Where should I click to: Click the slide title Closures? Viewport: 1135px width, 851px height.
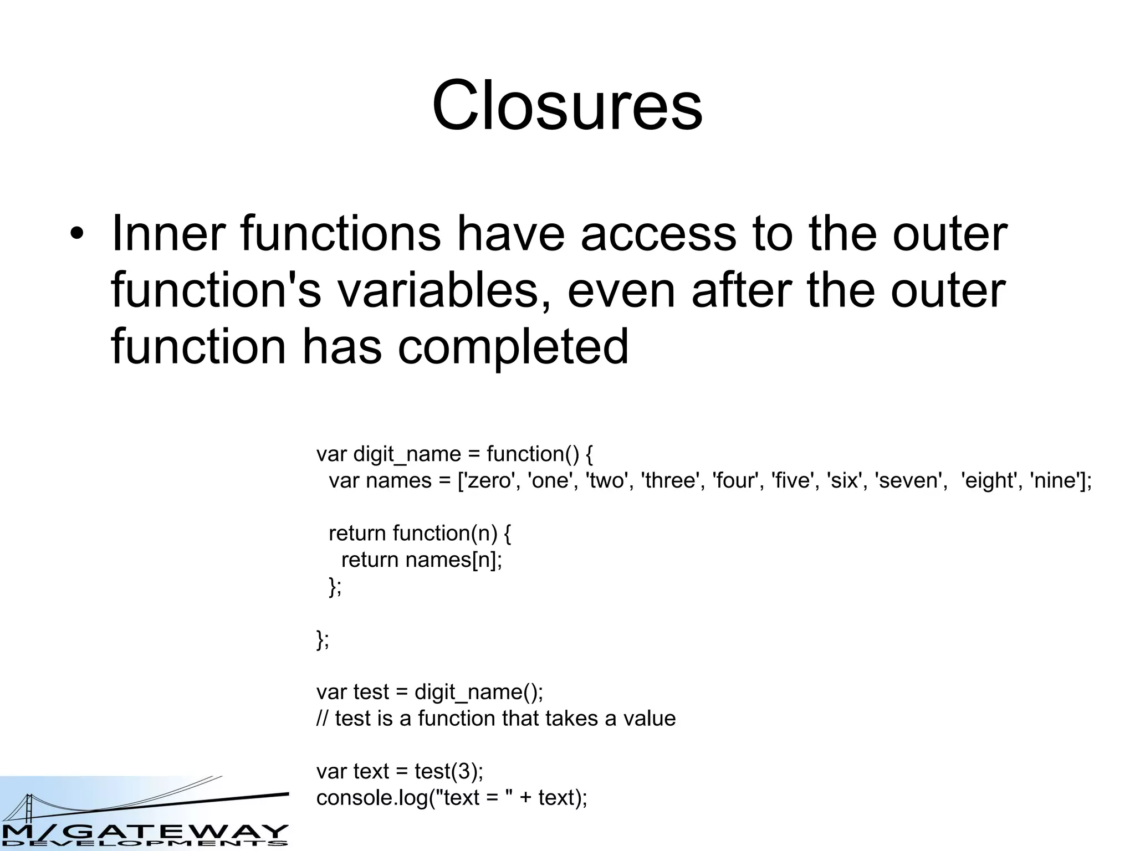[567, 105]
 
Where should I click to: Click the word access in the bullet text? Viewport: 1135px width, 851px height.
[658, 234]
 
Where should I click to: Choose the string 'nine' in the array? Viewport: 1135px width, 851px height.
[1054, 480]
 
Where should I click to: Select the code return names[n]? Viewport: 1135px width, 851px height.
[421, 560]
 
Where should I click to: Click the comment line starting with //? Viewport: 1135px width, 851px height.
[496, 719]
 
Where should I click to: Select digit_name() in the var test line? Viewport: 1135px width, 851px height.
[476, 692]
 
